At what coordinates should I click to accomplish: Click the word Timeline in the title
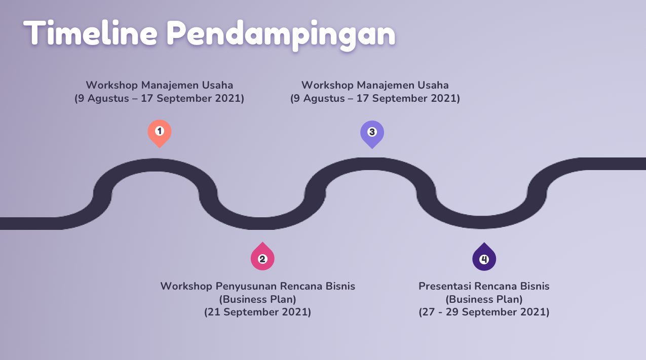90,32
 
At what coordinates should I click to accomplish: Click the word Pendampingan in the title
281,35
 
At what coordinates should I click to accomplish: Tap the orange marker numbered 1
160,134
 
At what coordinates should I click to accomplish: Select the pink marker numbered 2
262,256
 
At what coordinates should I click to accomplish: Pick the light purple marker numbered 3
372,135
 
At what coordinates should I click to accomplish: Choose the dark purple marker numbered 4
484,257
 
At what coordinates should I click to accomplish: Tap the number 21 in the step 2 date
214,312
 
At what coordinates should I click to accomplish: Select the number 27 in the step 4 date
429,312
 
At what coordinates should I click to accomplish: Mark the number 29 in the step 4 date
452,312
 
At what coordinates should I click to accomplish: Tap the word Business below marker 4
470,299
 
